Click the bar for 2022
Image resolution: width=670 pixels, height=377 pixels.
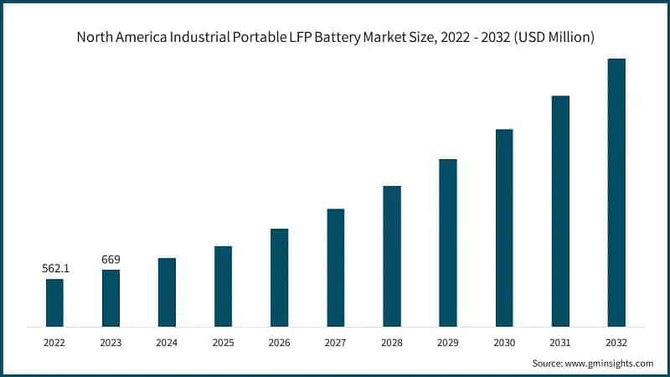pyautogui.click(x=54, y=302)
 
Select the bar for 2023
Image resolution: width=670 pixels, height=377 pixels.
pyautogui.click(x=111, y=297)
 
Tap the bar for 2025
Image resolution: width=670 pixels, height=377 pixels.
pyautogui.click(x=223, y=286)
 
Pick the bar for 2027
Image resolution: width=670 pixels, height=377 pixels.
pyautogui.click(x=335, y=267)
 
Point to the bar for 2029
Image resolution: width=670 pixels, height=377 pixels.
pyautogui.click(x=448, y=242)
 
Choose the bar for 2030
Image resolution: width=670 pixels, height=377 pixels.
pyautogui.click(x=504, y=227)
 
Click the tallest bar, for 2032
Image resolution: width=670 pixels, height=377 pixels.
pyautogui.click(x=616, y=192)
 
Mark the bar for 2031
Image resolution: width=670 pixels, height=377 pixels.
pyautogui.click(x=560, y=210)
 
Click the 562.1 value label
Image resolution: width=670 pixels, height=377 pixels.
pyautogui.click(x=54, y=269)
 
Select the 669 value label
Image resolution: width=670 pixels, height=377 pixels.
pyautogui.click(x=111, y=260)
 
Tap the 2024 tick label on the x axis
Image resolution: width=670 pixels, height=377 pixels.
pyautogui.click(x=167, y=343)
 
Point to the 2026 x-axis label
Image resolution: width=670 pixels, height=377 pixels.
pyautogui.click(x=279, y=343)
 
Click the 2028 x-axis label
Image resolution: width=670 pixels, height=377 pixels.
pyautogui.click(x=391, y=343)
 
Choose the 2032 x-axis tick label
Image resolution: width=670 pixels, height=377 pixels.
pyautogui.click(x=616, y=343)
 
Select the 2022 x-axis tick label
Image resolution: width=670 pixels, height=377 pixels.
pyautogui.click(x=54, y=343)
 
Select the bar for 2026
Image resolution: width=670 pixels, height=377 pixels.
pyautogui.click(x=279, y=277)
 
